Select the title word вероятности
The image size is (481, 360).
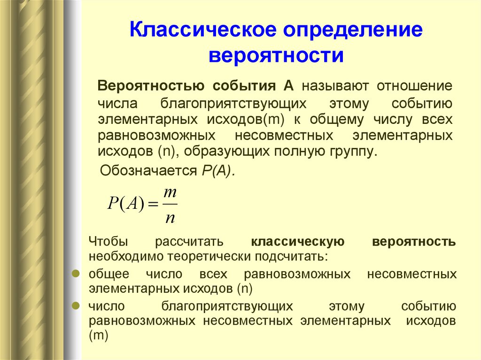[x=277, y=56]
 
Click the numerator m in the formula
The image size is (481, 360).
[x=170, y=193]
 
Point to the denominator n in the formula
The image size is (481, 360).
[x=170, y=217]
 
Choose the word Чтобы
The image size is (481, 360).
[x=108, y=242]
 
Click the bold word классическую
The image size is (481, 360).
[x=298, y=242]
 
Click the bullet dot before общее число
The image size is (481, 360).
[x=75, y=273]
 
